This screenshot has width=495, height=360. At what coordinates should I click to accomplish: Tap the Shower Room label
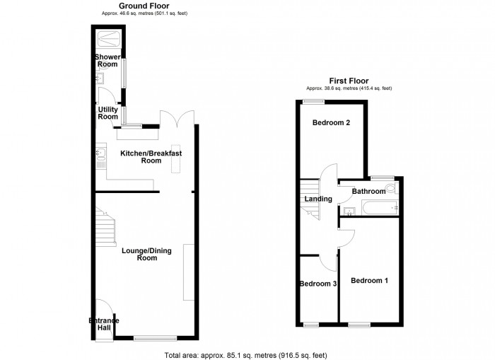107,61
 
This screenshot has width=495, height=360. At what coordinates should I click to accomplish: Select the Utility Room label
107,113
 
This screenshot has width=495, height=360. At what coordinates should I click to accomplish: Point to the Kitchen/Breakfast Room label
151,157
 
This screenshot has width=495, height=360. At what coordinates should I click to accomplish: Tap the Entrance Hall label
103,325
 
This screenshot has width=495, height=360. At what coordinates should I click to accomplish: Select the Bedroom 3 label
318,284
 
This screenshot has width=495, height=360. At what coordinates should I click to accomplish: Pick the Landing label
318,199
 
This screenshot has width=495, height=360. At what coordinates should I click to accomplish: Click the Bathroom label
368,192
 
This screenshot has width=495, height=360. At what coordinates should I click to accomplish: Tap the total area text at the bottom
245,355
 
